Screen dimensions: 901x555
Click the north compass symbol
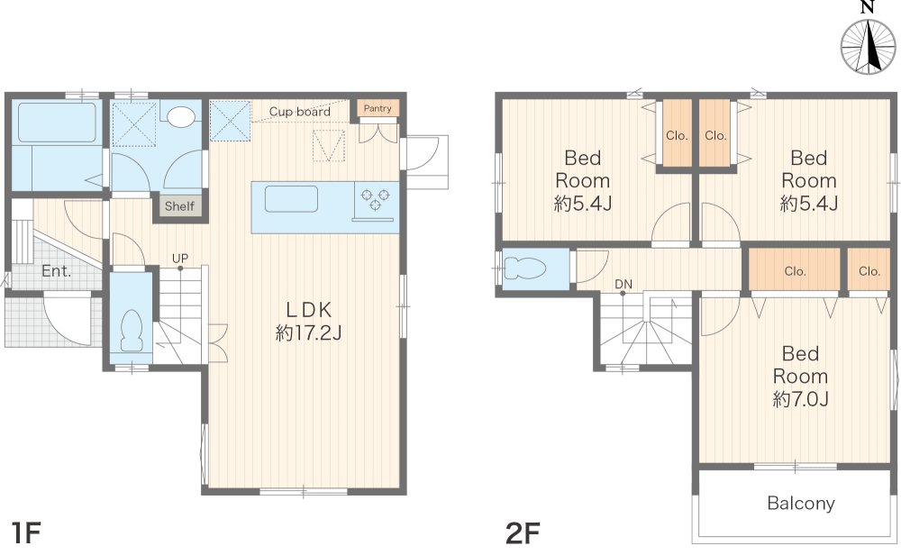[869, 46]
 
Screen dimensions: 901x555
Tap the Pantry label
[378, 108]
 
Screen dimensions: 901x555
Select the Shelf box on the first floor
[179, 205]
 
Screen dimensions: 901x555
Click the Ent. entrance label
[56, 271]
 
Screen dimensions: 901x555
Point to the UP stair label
[180, 259]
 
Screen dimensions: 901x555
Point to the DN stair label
[623, 284]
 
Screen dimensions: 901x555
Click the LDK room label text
[308, 310]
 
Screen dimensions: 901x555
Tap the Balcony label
[800, 504]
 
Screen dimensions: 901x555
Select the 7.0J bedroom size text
[800, 399]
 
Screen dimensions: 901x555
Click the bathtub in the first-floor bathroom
[57, 122]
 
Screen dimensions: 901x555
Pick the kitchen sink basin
[291, 199]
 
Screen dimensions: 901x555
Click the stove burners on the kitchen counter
[375, 199]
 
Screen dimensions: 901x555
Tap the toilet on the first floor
[132, 331]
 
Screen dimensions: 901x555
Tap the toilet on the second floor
[525, 268]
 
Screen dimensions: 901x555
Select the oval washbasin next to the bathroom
[181, 116]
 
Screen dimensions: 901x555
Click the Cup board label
[300, 112]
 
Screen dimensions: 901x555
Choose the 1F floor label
[26, 532]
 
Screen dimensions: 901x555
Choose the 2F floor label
[523, 532]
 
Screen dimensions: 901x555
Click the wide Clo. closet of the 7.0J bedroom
[795, 270]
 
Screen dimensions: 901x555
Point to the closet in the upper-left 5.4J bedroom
[677, 134]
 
